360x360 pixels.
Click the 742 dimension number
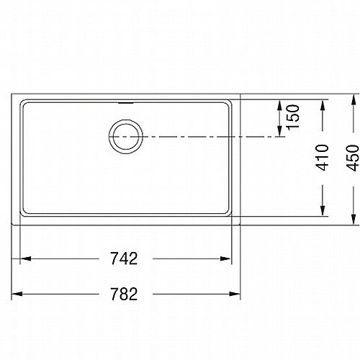pyautogui.click(x=124, y=258)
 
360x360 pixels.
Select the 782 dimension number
pyautogui.click(x=124, y=294)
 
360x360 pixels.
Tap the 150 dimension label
pyautogui.click(x=294, y=117)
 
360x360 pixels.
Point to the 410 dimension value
pyautogui.click(x=322, y=158)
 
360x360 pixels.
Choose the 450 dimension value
pyautogui.click(x=353, y=158)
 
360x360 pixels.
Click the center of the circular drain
pyautogui.click(x=126, y=137)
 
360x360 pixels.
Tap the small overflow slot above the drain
pyautogui.click(x=126, y=103)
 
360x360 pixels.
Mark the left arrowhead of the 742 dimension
pyautogui.click(x=25, y=258)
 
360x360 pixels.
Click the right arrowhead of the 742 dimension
pyautogui.click(x=226, y=258)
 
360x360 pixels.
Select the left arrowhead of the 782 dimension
pyautogui.click(x=17, y=294)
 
